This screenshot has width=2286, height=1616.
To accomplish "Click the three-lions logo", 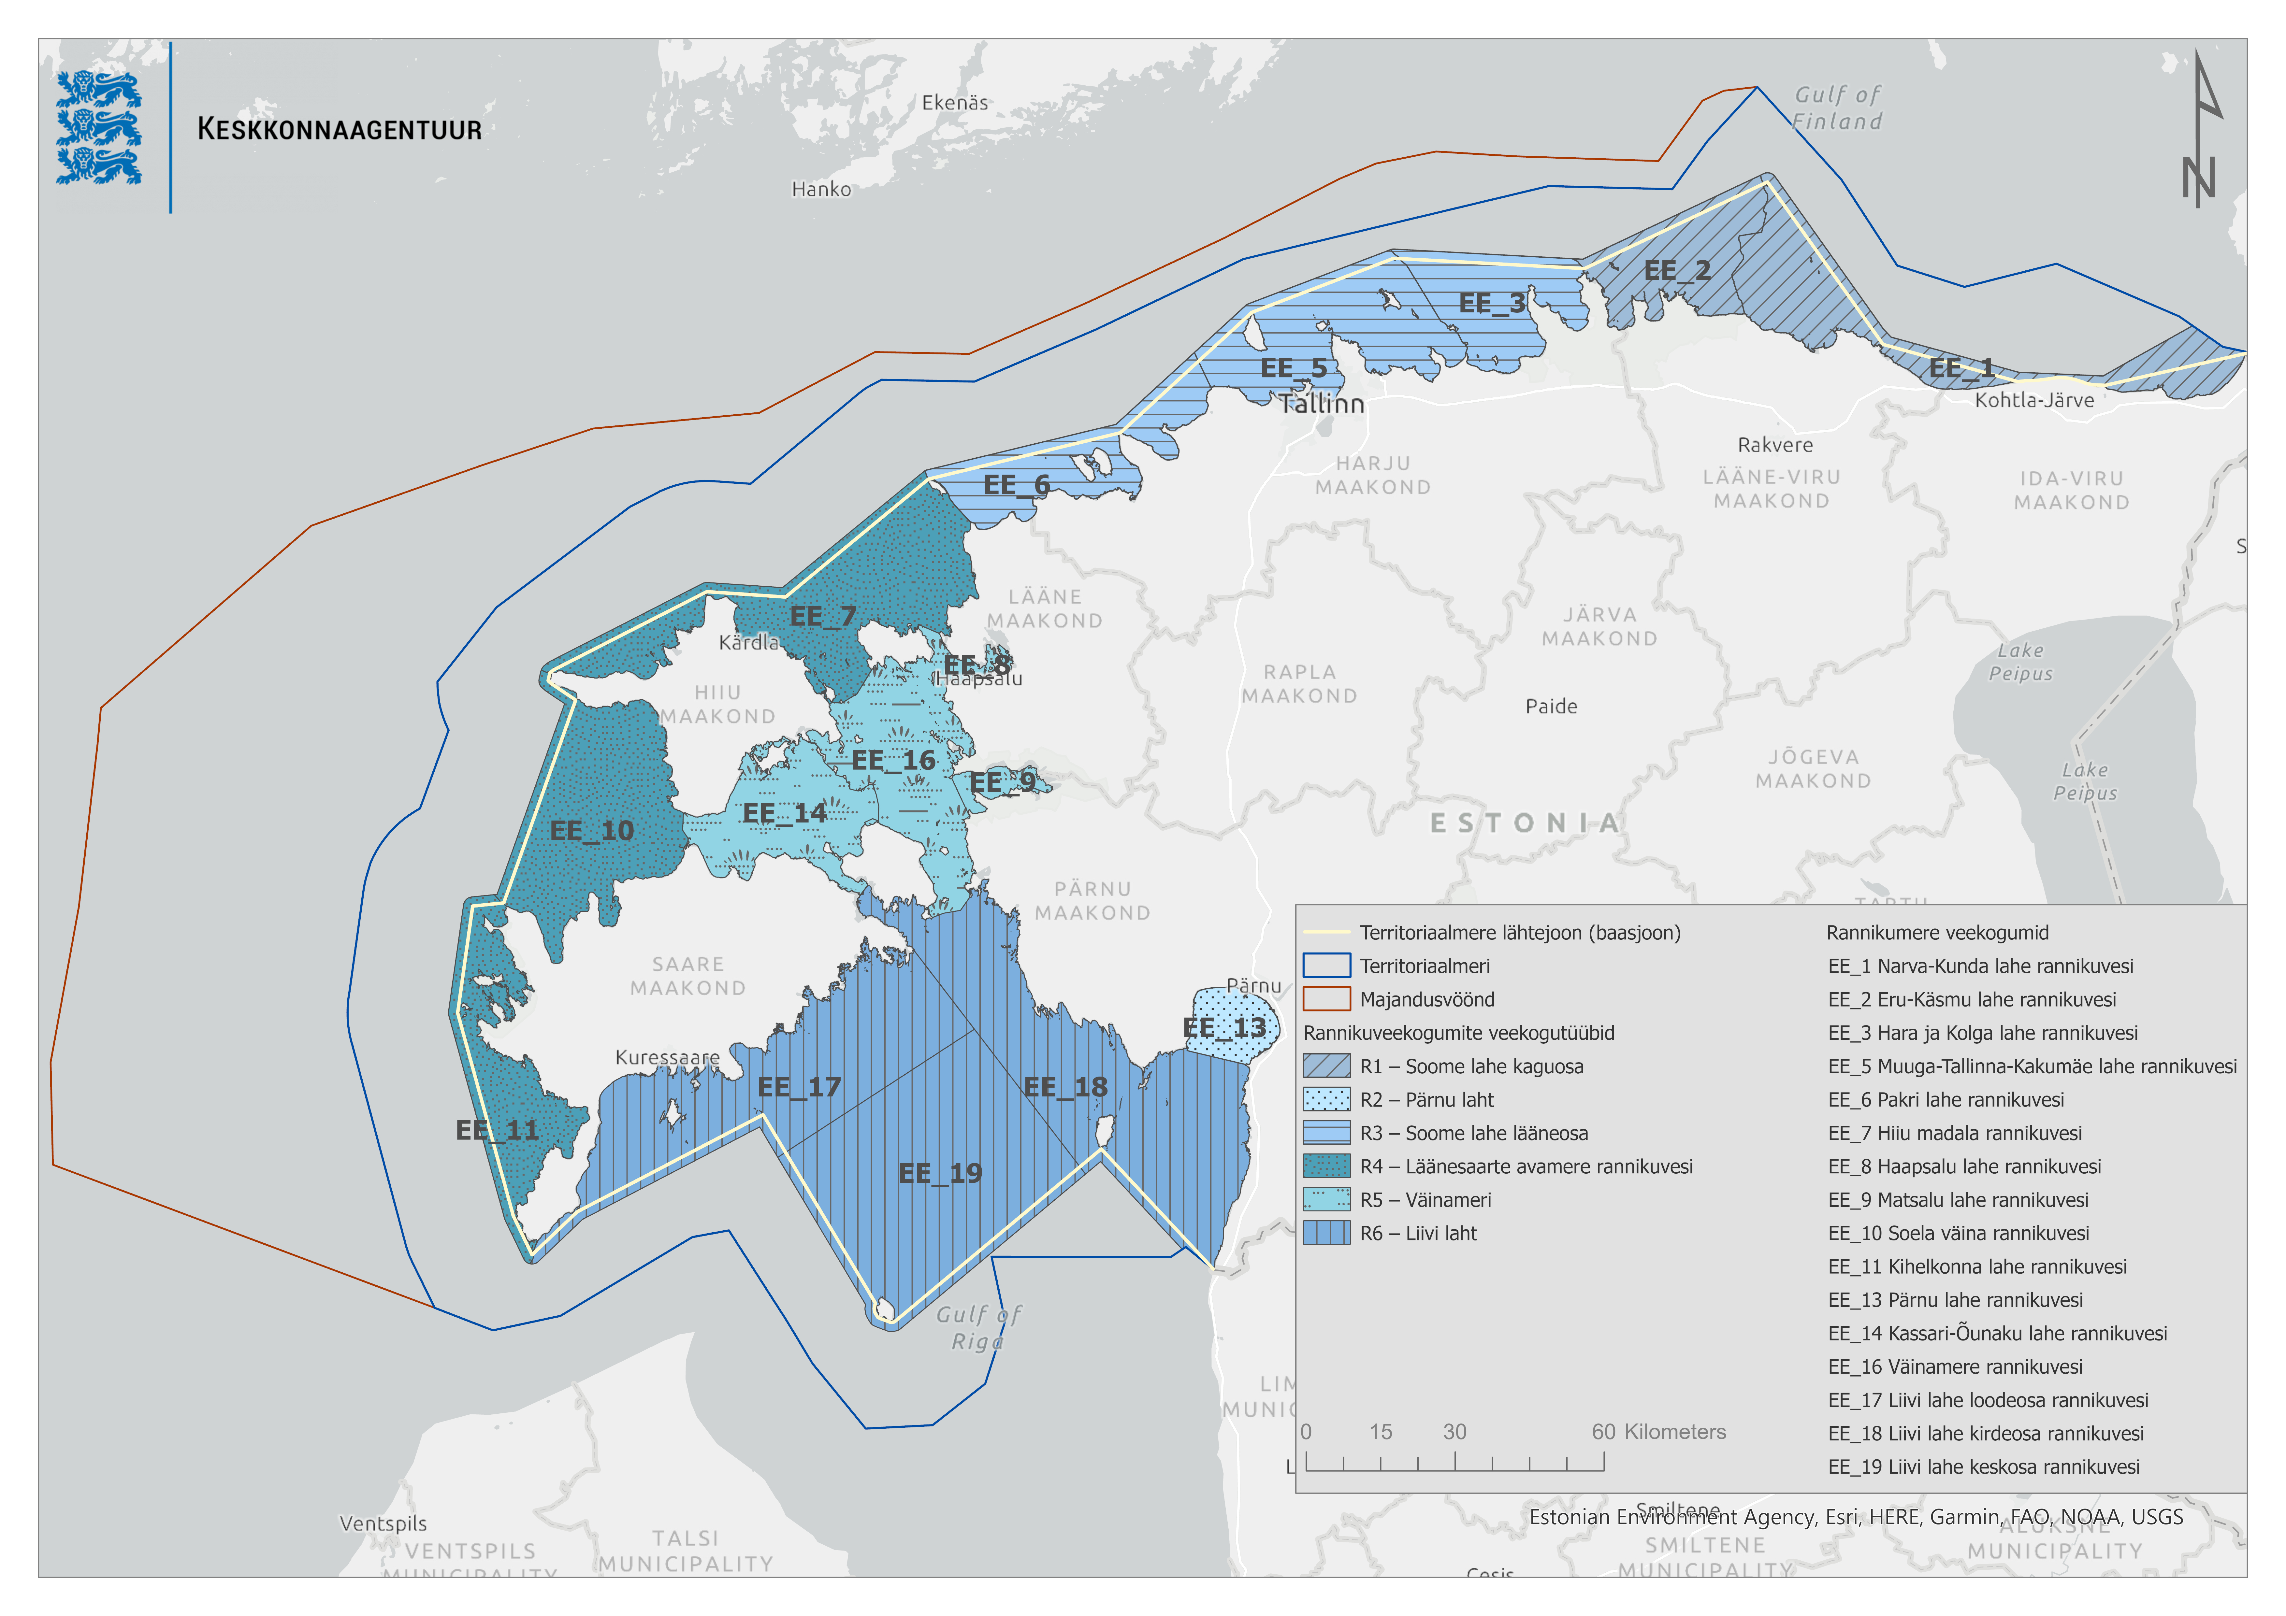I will click(x=99, y=127).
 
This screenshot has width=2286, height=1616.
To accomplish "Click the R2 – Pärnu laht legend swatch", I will click(x=1326, y=1099).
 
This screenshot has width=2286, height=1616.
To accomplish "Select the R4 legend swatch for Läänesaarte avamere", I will click(x=1326, y=1166).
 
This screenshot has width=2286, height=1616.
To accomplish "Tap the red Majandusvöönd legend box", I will click(x=1326, y=999).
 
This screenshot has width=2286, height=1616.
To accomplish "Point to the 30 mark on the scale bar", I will click(x=1454, y=1432).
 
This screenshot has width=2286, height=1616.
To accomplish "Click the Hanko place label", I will click(x=821, y=189).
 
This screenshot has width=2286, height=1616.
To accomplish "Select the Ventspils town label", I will click(x=383, y=1523).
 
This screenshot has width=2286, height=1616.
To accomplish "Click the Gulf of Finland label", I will click(x=1837, y=107).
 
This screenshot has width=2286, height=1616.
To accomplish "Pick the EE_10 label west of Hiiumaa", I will click(x=591, y=830).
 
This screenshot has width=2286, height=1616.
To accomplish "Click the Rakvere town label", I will click(x=1775, y=445).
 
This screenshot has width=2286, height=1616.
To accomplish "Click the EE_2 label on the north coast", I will click(x=1677, y=271).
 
